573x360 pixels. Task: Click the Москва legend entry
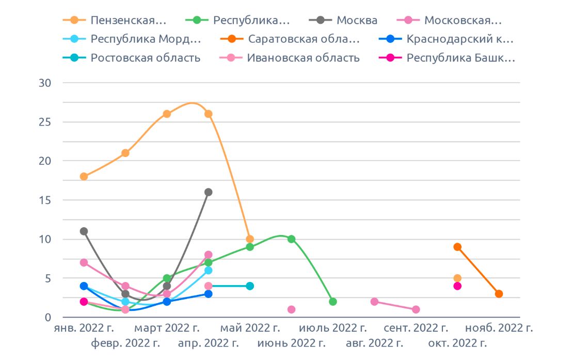(357, 21)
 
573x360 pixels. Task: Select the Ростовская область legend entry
(145, 58)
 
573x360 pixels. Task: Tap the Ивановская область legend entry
(303, 58)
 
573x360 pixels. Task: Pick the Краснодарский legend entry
(460, 39)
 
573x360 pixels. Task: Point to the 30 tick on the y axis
(46, 83)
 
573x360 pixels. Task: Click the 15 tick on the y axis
(46, 200)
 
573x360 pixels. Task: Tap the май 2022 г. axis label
(250, 328)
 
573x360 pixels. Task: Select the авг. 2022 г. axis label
(374, 343)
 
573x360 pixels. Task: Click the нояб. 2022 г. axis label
(499, 328)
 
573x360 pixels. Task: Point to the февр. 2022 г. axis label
(125, 343)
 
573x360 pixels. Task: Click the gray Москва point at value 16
(209, 192)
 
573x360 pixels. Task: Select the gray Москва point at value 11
(84, 231)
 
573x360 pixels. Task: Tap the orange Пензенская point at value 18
(84, 177)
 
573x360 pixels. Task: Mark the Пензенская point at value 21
(125, 153)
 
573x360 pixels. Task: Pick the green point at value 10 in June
(291, 239)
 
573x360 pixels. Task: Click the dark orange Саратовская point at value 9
(457, 247)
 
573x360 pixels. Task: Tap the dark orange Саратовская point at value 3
(499, 294)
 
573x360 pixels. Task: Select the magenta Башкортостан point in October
(457, 286)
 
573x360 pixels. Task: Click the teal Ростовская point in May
(250, 286)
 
